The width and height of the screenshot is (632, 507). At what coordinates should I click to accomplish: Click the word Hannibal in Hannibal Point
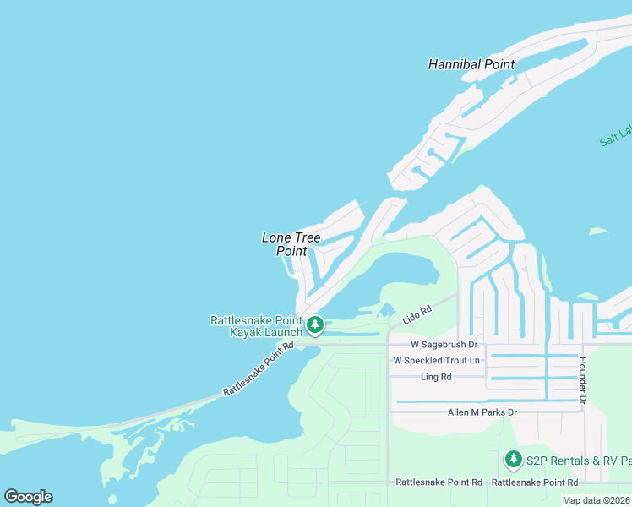(x=455, y=64)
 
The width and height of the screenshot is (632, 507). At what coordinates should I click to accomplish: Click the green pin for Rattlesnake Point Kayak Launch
(x=315, y=324)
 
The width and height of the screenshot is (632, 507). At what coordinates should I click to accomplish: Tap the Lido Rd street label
(x=417, y=313)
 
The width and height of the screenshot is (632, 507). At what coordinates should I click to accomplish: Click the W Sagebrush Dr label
(x=444, y=345)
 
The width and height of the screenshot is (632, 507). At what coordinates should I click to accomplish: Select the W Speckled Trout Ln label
(x=436, y=361)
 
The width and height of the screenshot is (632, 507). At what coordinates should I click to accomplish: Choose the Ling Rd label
(x=435, y=377)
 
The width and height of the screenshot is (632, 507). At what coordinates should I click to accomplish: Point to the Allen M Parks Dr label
(x=482, y=412)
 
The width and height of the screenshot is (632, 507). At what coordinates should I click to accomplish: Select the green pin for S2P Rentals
(x=513, y=459)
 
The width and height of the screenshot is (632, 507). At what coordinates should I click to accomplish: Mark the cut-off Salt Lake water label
(x=615, y=135)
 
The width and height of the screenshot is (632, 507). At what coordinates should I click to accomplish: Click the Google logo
(x=28, y=497)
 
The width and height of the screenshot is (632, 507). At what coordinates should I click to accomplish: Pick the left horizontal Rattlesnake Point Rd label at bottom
(x=439, y=482)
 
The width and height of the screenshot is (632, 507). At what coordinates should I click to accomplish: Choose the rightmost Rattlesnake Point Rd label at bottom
(x=534, y=482)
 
